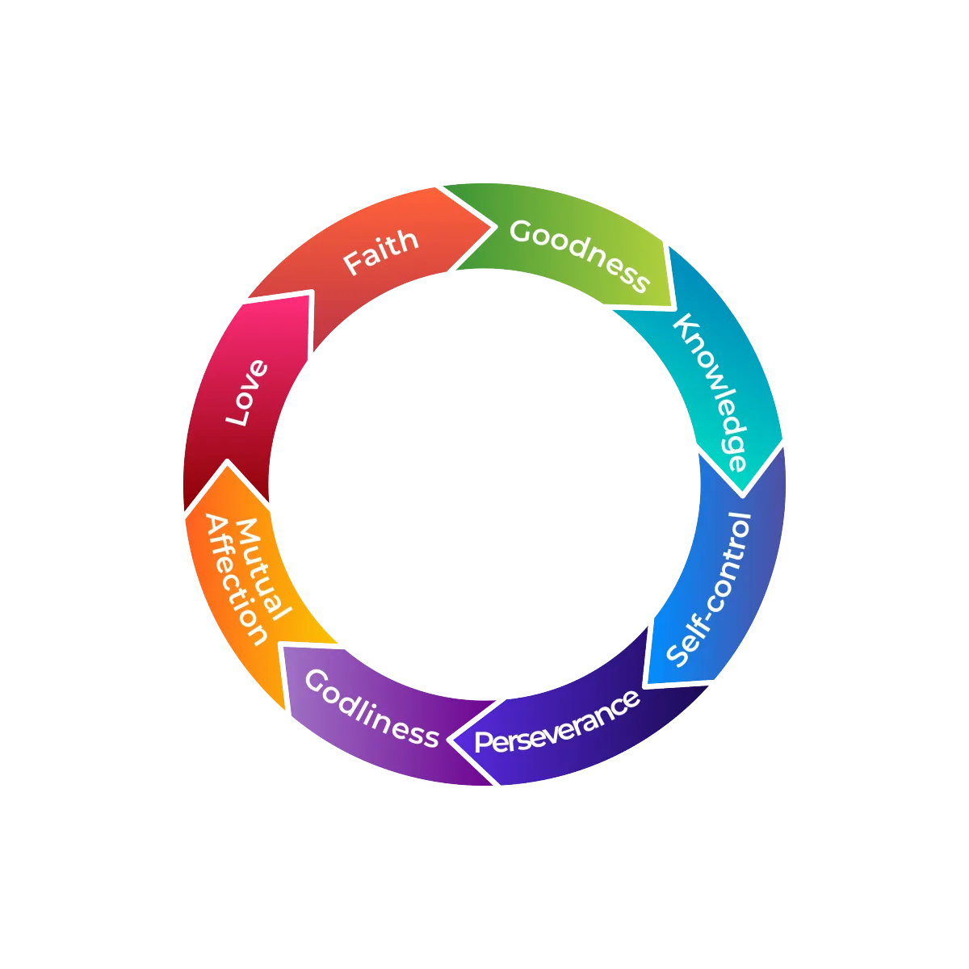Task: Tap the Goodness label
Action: pyautogui.click(x=579, y=254)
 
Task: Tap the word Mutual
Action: pyautogui.click(x=262, y=569)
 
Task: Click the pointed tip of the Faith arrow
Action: pyautogui.click(x=491, y=226)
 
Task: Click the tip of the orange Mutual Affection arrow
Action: pyautogui.click(x=229, y=465)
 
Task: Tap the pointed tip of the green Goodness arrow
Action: pyautogui.click(x=672, y=307)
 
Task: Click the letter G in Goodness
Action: pyautogui.click(x=521, y=231)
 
